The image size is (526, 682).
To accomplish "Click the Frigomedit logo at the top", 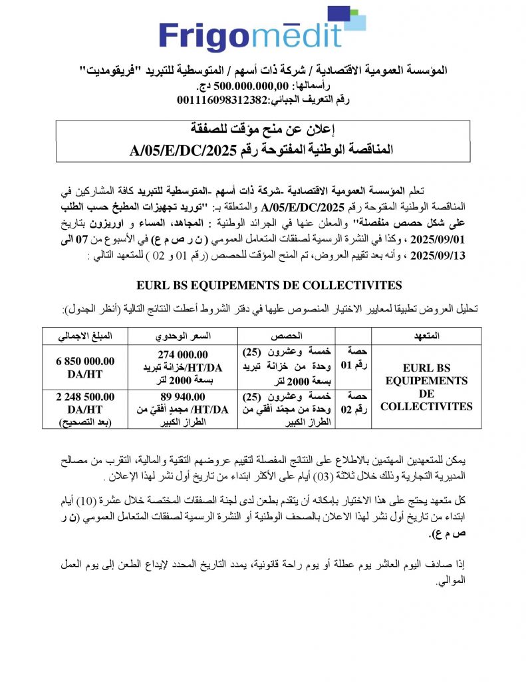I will pyautogui.click(x=263, y=33).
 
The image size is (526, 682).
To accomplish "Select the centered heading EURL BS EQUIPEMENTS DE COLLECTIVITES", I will pyautogui.click(x=269, y=285).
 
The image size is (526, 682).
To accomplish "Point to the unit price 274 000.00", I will pyautogui.click(x=183, y=354).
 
